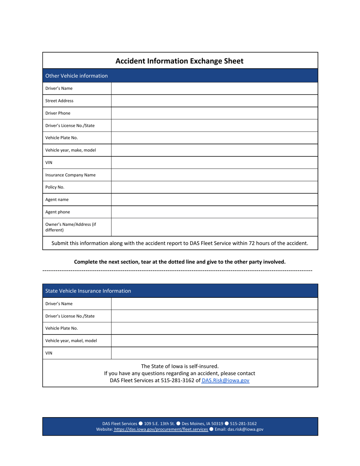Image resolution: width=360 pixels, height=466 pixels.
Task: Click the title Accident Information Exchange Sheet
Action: pos(179,61)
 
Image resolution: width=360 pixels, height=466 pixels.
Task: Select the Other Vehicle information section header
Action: pos(77,76)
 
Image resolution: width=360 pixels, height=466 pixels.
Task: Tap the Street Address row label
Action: pos(59,101)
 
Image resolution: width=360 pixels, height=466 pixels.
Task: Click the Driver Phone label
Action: pos(58,113)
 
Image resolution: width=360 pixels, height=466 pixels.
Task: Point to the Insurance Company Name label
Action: pos(70,175)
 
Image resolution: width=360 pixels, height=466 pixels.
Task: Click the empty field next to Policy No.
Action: pos(214,187)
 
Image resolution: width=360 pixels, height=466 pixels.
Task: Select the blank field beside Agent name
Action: pos(214,200)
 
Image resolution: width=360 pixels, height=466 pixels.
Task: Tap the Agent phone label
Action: pos(58,212)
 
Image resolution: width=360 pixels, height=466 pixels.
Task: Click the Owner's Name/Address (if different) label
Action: pos(70,227)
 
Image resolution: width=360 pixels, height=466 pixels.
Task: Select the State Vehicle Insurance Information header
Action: pos(88,291)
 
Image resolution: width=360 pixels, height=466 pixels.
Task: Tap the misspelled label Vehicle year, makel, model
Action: pos(71,341)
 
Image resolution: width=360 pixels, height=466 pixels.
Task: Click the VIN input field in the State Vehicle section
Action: pos(214,353)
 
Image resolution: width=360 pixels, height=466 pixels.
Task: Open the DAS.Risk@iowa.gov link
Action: pos(225,380)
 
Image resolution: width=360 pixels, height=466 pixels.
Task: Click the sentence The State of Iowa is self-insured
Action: pos(180,366)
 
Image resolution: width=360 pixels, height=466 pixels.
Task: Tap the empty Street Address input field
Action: pos(214,101)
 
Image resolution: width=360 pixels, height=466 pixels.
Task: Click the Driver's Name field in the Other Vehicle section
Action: pos(214,88)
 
